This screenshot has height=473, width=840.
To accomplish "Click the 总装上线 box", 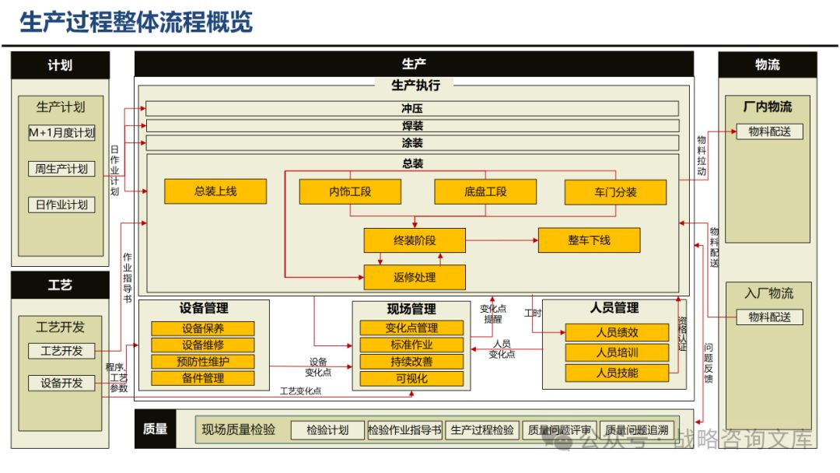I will tap(215, 191).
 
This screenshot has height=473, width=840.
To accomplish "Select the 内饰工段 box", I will tap(350, 191).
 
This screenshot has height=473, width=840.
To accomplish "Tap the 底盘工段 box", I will tap(485, 191).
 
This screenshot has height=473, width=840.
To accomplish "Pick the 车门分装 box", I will tap(615, 192).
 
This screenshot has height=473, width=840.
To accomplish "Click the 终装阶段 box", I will tap(415, 240).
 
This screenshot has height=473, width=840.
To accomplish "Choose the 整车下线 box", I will tap(589, 240).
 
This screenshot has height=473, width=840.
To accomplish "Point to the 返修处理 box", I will tap(415, 277).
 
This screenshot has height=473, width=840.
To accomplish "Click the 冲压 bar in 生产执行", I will tap(412, 109).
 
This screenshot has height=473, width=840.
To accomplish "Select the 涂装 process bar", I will tap(412, 143).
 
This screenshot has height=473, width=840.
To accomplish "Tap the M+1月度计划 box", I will tap(61, 133).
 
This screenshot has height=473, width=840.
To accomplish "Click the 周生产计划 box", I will tap(61, 169).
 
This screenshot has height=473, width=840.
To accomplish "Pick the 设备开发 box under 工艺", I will tap(61, 383).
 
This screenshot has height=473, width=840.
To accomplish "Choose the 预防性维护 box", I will tap(203, 362).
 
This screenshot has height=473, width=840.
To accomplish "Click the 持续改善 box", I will tap(411, 362).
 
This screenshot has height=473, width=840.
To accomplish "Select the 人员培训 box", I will tap(617, 352).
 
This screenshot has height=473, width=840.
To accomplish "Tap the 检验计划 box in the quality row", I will tap(327, 430).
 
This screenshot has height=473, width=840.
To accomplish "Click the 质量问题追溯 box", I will tap(636, 430).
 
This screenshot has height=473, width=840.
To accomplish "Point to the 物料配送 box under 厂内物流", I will tap(769, 131).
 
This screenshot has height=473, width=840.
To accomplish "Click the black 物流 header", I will tap(767, 65).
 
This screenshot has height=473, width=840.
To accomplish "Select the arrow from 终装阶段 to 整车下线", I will tap(502, 240).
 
